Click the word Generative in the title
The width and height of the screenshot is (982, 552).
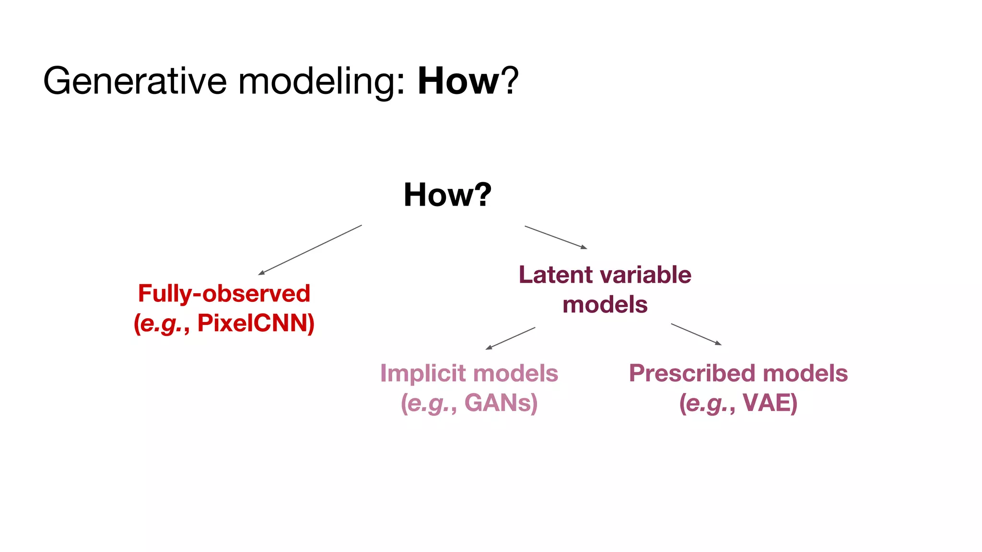pos(135,81)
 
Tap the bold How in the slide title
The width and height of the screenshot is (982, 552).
pos(458,81)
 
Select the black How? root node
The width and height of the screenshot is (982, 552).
pos(447,195)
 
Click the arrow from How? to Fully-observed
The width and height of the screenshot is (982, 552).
pos(310,250)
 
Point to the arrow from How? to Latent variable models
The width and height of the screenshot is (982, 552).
pos(556,237)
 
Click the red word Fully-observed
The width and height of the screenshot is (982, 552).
pos(224,293)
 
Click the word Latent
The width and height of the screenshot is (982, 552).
pos(556,275)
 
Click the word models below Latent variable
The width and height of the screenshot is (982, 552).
pos(605,305)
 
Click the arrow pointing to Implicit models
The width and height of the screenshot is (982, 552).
pos(510,338)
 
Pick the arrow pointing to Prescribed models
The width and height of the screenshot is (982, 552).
pos(696,334)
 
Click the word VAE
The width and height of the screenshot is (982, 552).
pos(767,402)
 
